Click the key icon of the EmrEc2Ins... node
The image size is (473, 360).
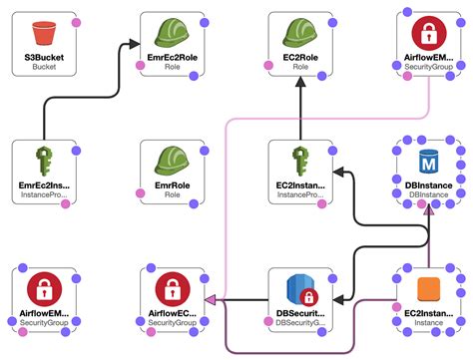(x=43, y=160)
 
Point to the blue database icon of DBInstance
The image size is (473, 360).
(x=429, y=161)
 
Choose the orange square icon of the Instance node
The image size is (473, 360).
(x=429, y=288)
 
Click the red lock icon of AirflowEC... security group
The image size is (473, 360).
(x=172, y=289)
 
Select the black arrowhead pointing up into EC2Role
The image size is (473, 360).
(x=301, y=85)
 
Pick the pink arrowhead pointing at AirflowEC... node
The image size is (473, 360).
(x=211, y=298)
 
